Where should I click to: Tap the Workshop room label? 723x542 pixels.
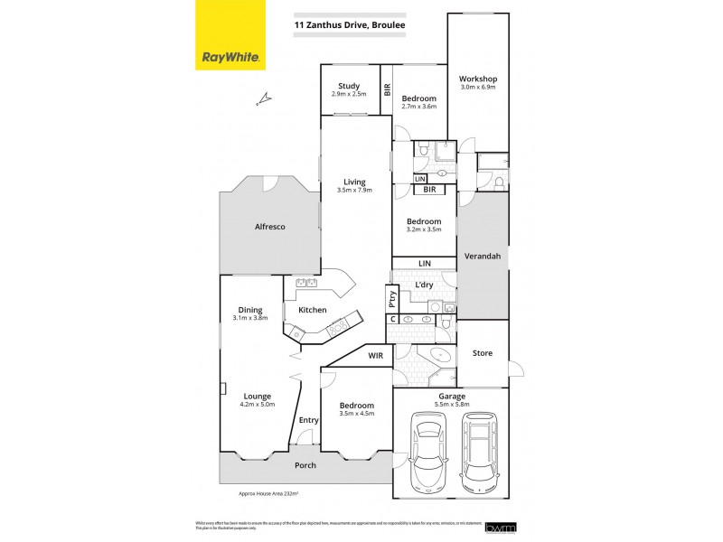478,79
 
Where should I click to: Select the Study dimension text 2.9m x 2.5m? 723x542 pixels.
349,95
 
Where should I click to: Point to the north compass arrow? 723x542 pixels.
263,97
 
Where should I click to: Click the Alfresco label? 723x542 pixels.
268,227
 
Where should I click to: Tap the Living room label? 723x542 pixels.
354,182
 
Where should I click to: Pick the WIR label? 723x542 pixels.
377,356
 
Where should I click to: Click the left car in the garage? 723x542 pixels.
427,452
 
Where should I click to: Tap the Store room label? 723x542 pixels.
483,353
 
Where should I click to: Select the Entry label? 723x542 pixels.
309,420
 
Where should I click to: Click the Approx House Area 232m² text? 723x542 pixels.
268,494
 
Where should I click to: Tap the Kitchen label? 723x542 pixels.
312,310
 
